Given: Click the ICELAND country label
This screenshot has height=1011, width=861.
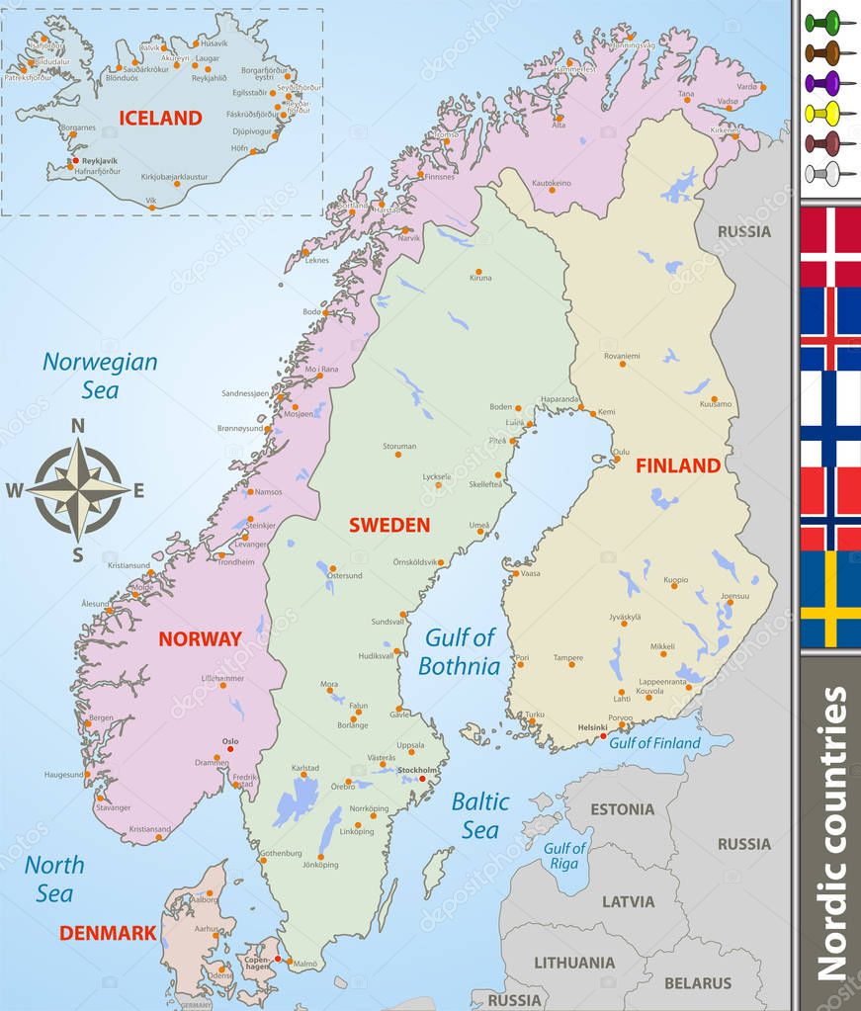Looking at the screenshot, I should pos(160,118).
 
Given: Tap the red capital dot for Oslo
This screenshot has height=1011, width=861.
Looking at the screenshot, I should pos(231,750).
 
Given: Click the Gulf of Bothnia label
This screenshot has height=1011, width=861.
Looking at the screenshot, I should pos(459,652).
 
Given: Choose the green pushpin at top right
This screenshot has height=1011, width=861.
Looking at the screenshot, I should pos(822,21).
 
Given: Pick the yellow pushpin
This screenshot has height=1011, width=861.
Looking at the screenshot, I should pos(822,112).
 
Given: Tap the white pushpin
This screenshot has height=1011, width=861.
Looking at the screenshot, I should pos(822,174).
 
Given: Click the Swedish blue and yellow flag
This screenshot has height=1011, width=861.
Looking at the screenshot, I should pos(830,599).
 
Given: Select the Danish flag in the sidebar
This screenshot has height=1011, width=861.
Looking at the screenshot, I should pos(830,246).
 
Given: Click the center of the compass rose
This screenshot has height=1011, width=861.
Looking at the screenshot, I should pos(78,488).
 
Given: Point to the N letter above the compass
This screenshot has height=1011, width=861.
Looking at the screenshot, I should pos(78,426).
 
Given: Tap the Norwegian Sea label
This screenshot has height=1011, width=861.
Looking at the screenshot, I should pos(100,376).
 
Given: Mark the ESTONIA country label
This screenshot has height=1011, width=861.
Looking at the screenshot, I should pos(622,809).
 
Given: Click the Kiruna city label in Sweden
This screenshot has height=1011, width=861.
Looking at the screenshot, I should pos(480,278).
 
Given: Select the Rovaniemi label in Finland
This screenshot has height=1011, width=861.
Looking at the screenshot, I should pos(622,356).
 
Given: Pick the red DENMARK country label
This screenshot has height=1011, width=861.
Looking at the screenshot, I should pos(108,933).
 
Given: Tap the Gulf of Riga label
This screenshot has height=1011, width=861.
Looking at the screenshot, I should pos(565,856).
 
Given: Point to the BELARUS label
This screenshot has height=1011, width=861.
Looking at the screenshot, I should pos(698,982).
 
